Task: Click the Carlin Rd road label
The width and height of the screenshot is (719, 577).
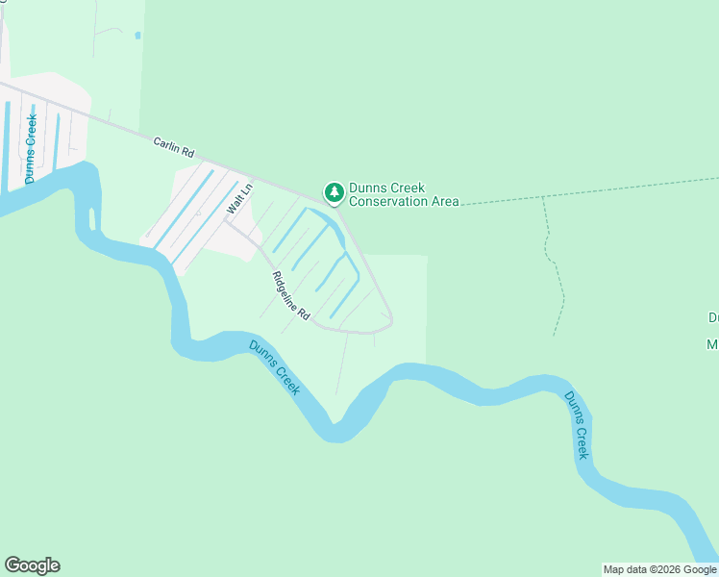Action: click(174, 147)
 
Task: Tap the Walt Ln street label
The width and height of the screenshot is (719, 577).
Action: click(238, 198)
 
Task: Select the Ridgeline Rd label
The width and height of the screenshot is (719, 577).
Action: click(290, 296)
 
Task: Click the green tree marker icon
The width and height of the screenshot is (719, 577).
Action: click(334, 193)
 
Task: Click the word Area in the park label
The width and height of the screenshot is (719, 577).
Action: click(445, 202)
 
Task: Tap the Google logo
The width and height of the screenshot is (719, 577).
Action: click(32, 565)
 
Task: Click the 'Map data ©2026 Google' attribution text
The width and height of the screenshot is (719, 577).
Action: click(659, 569)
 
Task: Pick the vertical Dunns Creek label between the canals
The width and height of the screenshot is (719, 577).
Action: click(31, 149)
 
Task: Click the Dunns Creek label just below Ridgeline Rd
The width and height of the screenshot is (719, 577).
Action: click(274, 367)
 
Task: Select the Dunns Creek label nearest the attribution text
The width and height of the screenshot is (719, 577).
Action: click(577, 424)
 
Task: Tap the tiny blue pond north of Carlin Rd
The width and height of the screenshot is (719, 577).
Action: click(138, 36)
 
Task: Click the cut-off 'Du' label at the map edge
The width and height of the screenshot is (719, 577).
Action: click(713, 317)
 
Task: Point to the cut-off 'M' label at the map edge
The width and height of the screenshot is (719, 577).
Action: click(713, 344)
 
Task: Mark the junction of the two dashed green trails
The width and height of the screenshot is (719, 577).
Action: click(543, 197)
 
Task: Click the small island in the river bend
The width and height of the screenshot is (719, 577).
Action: click(93, 217)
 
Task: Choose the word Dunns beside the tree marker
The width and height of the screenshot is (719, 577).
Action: click(366, 188)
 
